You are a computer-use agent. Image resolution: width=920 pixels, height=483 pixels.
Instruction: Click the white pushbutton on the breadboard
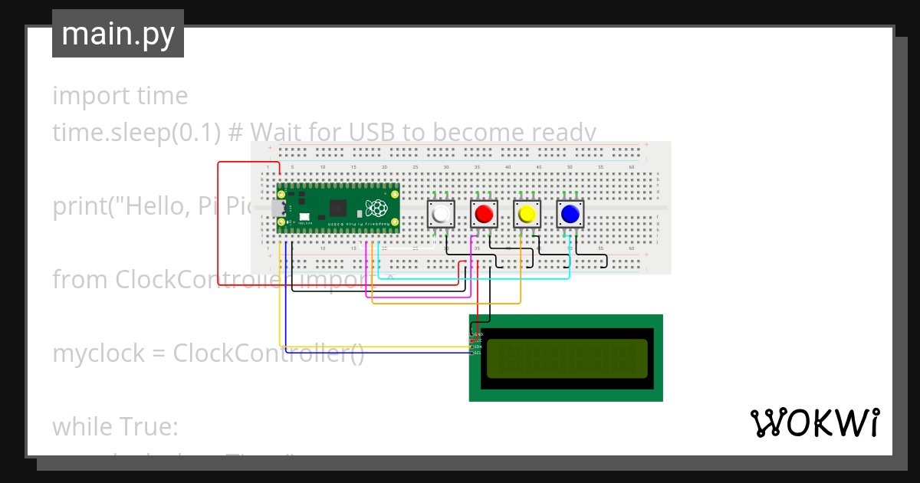440,214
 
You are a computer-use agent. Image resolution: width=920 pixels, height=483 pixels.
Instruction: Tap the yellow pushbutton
526,214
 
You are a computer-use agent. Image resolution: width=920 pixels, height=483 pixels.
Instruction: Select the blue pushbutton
570,214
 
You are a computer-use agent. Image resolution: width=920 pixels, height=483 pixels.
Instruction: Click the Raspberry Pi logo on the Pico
376,208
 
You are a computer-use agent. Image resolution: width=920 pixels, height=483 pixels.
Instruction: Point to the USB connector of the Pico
278,209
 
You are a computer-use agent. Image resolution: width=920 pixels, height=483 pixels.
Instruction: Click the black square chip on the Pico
337,208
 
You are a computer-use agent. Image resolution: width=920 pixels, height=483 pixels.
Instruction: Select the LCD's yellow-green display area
567,358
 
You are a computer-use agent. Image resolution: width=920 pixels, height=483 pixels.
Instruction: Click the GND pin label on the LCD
478,335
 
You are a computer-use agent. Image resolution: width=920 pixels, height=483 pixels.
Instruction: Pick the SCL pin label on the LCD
477,353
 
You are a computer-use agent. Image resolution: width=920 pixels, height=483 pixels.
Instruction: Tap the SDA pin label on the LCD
477,347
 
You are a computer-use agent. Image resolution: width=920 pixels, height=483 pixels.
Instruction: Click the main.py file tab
118,34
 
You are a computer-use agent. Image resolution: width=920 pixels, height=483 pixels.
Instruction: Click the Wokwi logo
814,423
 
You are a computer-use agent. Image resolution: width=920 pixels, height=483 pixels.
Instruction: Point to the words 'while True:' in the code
115,426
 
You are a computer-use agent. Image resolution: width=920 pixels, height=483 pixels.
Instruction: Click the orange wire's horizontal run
445,303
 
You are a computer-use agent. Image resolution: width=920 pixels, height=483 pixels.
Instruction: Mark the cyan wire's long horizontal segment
475,278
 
